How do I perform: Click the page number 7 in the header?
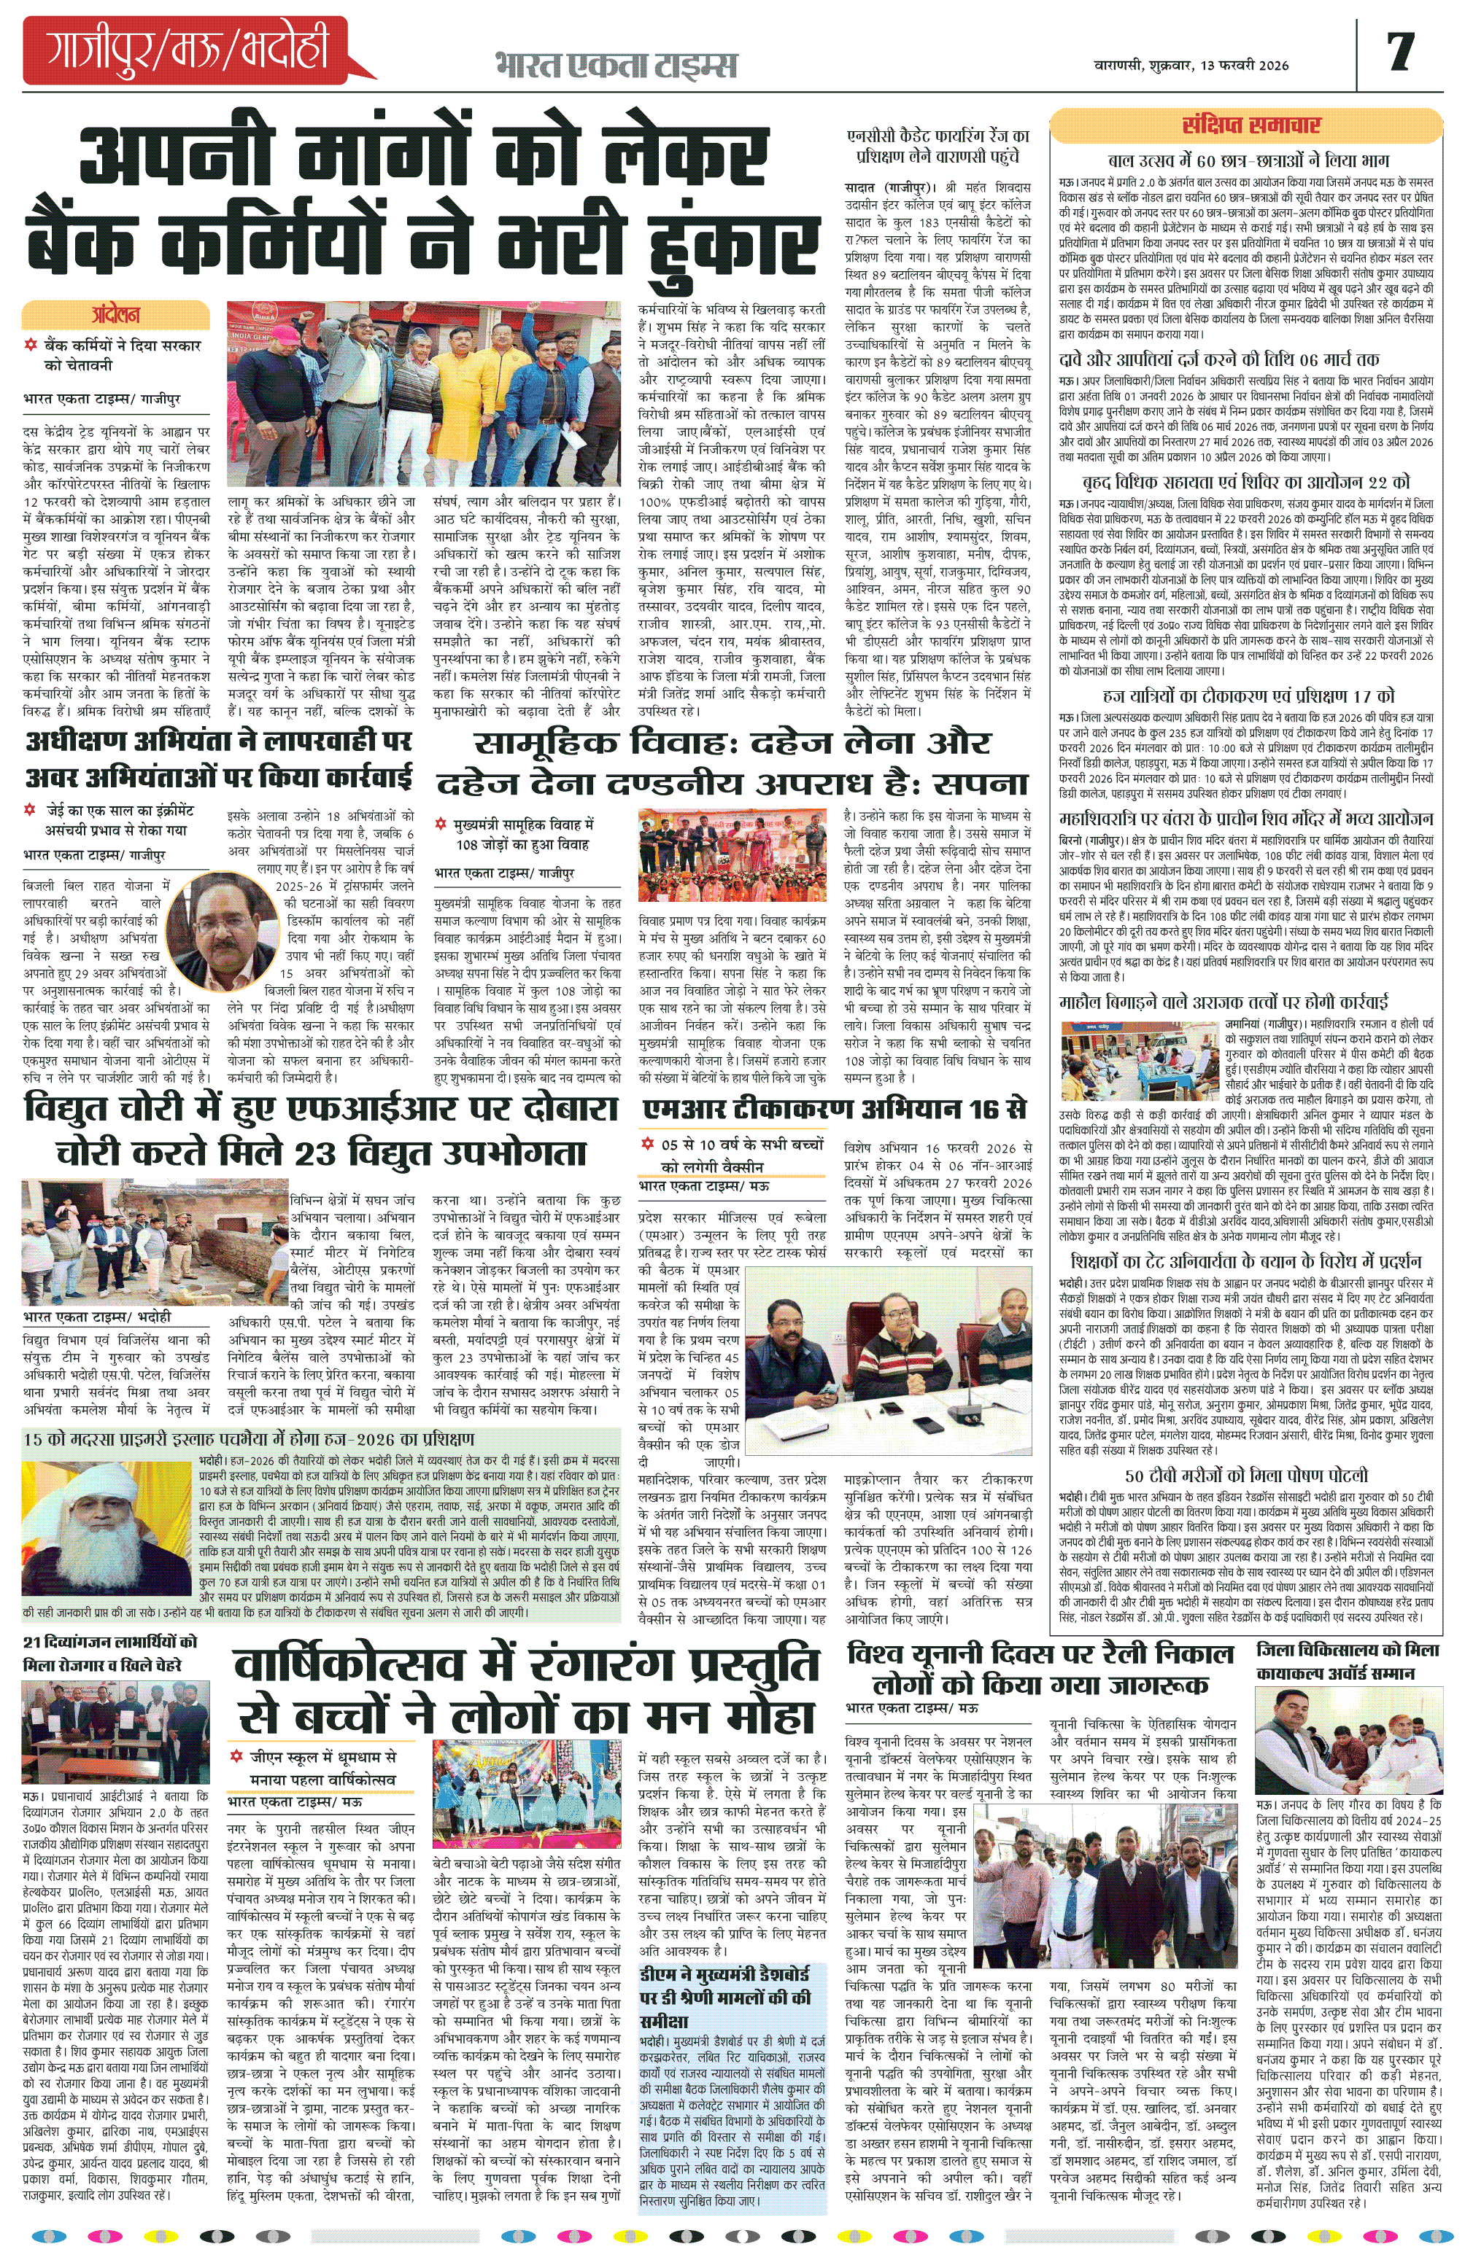1400,52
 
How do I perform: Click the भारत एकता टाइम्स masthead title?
616,65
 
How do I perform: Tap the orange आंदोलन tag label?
116,314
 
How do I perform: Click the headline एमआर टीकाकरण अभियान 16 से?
834,1108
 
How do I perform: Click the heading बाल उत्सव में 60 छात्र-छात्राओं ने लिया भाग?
1248,160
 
